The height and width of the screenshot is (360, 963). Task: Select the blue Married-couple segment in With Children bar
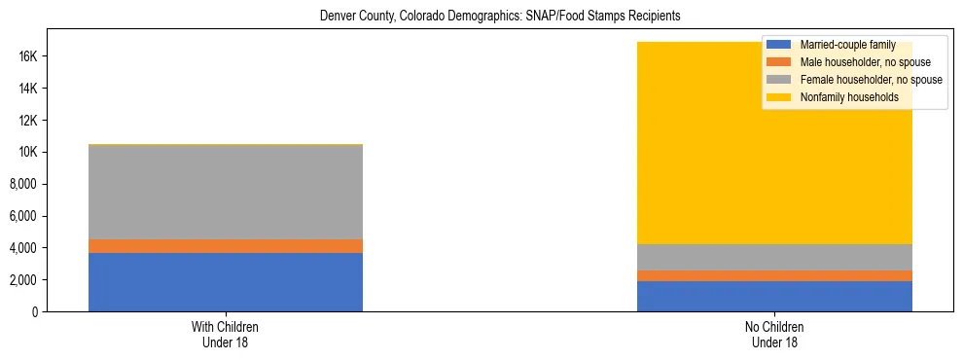tap(226, 282)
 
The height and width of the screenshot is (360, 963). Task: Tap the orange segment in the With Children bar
tap(226, 246)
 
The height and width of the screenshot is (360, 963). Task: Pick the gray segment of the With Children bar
tap(226, 192)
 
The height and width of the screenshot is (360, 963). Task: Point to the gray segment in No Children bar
tap(774, 257)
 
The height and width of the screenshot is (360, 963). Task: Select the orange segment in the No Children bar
tap(774, 275)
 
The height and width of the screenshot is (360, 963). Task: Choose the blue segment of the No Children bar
tap(774, 296)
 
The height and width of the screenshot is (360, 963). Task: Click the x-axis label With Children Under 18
tap(226, 334)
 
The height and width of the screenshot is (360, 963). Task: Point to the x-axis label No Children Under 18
tap(774, 334)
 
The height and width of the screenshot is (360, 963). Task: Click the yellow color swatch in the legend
tap(778, 97)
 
